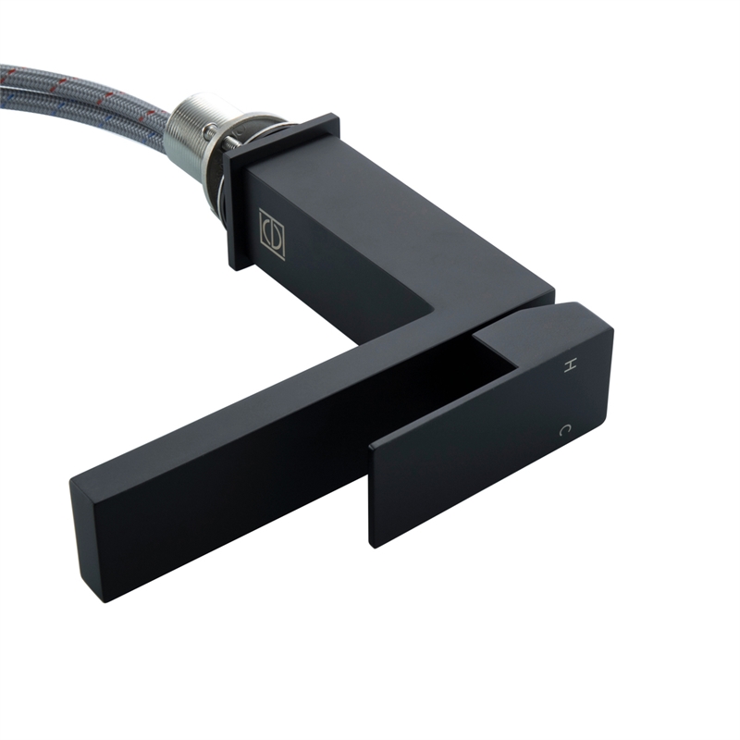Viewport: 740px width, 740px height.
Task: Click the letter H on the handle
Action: click(571, 366)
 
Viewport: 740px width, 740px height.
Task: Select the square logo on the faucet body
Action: click(272, 234)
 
